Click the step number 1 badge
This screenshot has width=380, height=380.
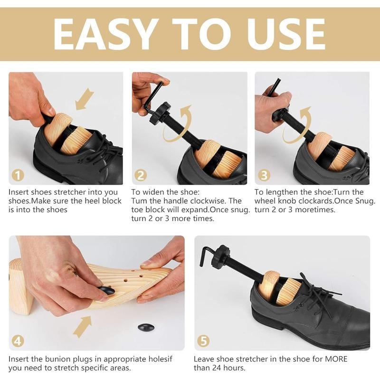coord(18,175)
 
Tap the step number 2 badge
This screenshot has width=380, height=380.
coord(141,175)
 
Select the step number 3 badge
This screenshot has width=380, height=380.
coord(264,175)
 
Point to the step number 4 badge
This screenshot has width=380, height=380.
coord(18,341)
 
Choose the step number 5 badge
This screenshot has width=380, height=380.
coord(203,341)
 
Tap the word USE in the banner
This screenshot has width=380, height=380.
coord(286,34)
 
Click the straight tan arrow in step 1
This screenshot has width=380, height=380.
coord(85,99)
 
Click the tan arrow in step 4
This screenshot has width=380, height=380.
coord(83,327)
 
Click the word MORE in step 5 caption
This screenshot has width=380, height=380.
coord(336,359)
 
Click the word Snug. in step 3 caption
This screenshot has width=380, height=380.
coord(365,201)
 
